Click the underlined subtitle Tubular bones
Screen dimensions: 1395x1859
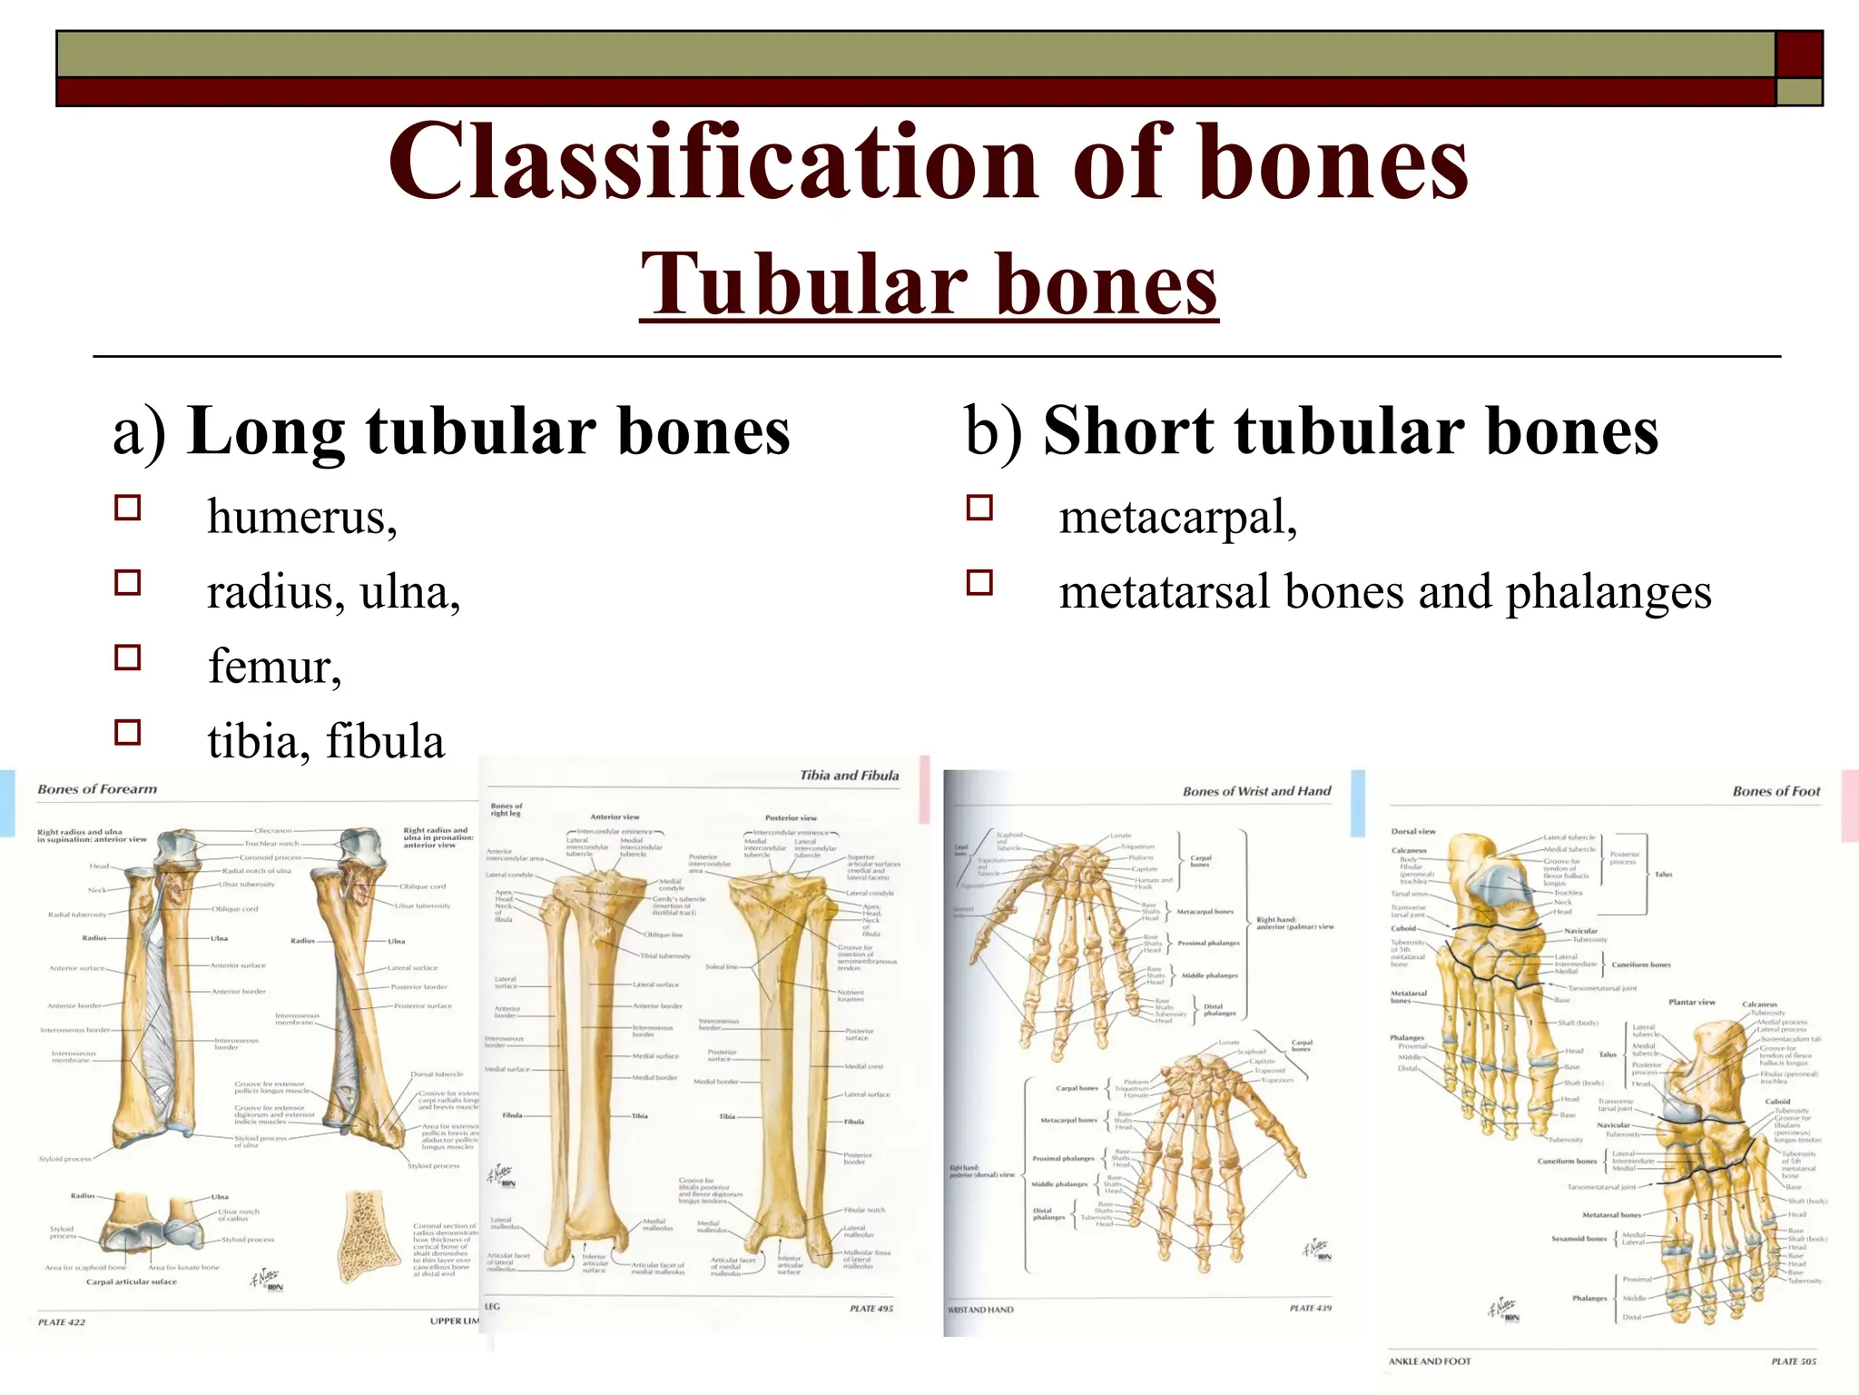tap(929, 285)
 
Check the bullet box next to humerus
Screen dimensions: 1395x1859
tap(128, 508)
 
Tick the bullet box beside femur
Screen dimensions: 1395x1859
tap(128, 658)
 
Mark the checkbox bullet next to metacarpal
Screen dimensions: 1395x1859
tap(979, 508)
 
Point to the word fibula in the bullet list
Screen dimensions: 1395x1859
tap(385, 741)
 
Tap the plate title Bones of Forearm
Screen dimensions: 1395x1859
tap(97, 789)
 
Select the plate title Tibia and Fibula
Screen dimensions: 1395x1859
tap(849, 776)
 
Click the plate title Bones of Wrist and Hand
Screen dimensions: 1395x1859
tap(1256, 791)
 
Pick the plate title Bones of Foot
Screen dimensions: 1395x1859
tap(1775, 791)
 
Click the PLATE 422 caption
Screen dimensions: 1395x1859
tap(62, 1322)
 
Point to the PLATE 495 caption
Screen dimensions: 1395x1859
tap(870, 1309)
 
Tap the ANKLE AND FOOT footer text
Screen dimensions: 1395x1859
tap(1430, 1361)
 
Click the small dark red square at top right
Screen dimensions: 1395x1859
tap(1798, 54)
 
